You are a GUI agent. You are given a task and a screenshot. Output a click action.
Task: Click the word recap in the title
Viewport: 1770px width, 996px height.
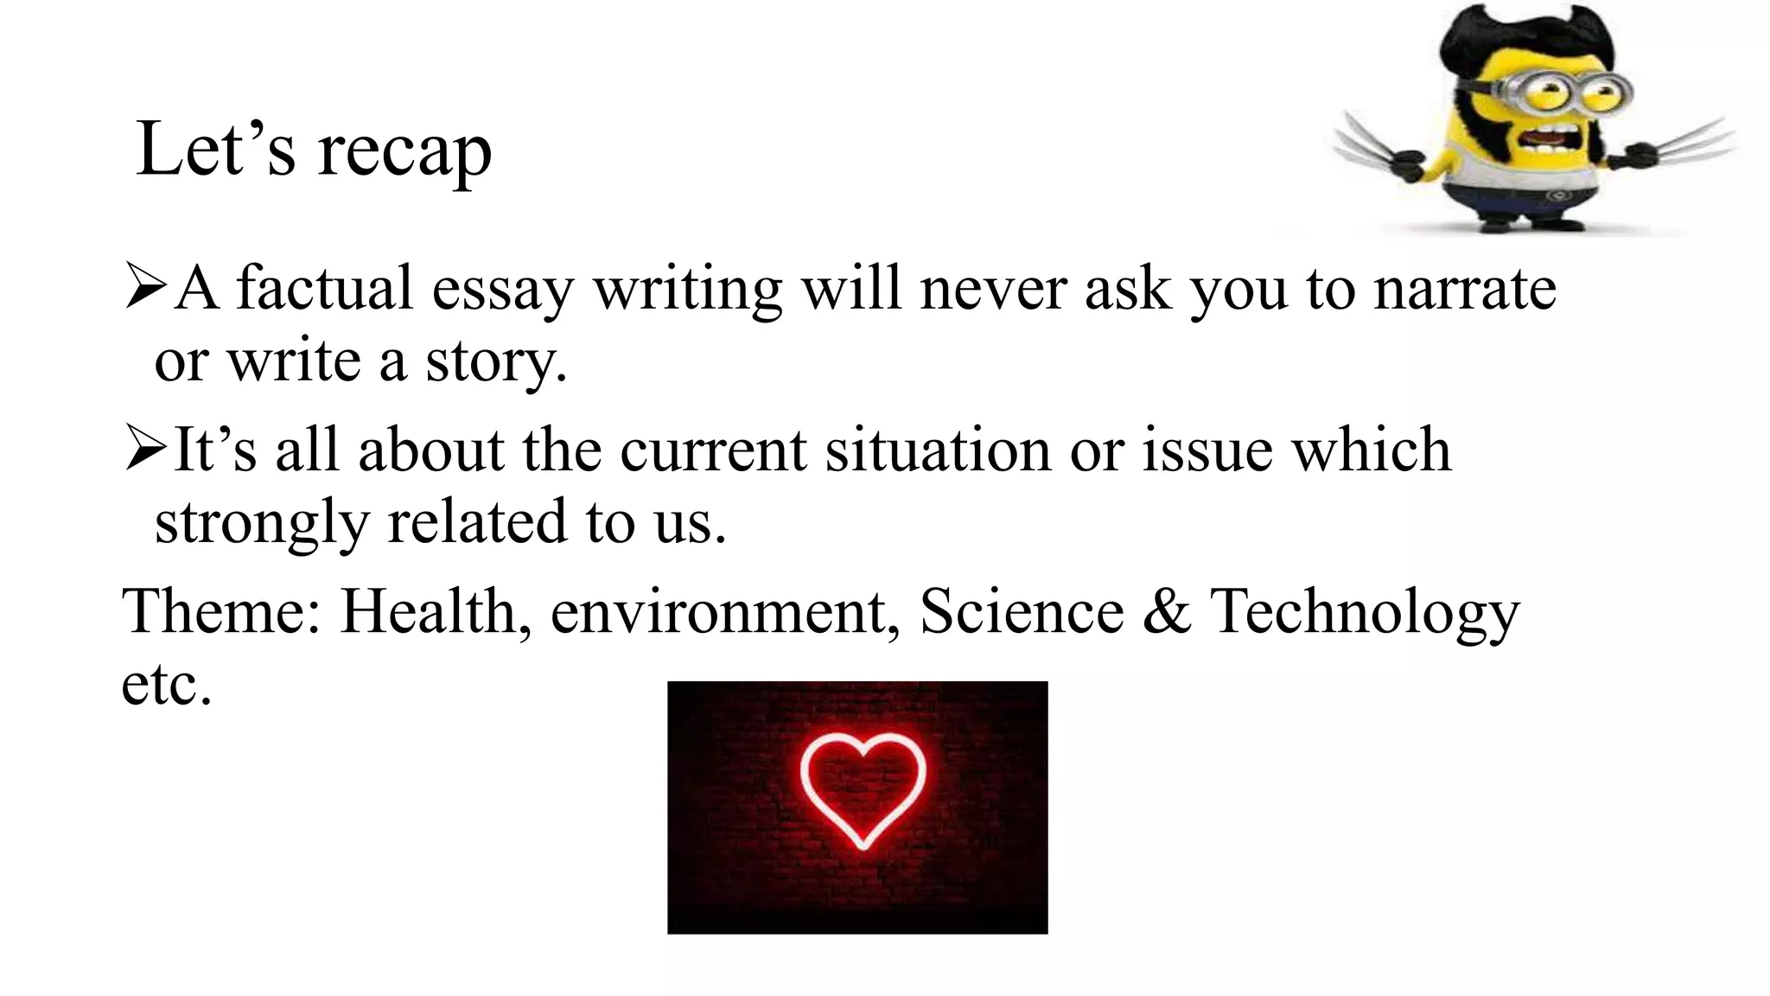(404, 152)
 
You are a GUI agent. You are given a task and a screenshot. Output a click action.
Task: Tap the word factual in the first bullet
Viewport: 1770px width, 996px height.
(324, 288)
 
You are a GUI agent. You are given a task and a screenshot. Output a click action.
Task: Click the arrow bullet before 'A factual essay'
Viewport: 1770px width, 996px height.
(144, 287)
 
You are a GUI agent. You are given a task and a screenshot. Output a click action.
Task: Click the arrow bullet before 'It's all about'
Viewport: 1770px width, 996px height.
(144, 450)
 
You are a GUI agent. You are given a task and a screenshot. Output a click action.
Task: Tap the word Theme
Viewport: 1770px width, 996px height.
(221, 611)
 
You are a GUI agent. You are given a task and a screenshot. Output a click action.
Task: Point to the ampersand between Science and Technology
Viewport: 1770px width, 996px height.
(1167, 611)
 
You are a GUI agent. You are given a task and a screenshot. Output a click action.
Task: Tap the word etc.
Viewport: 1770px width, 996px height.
(166, 685)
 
